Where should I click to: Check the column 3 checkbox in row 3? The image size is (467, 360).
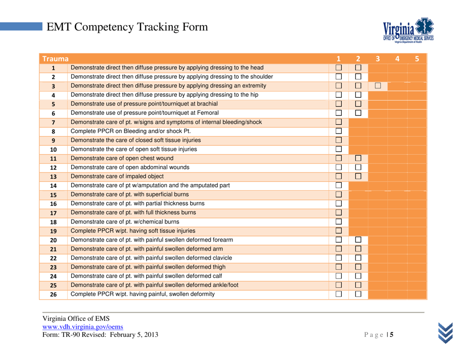pyautogui.click(x=378, y=87)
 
